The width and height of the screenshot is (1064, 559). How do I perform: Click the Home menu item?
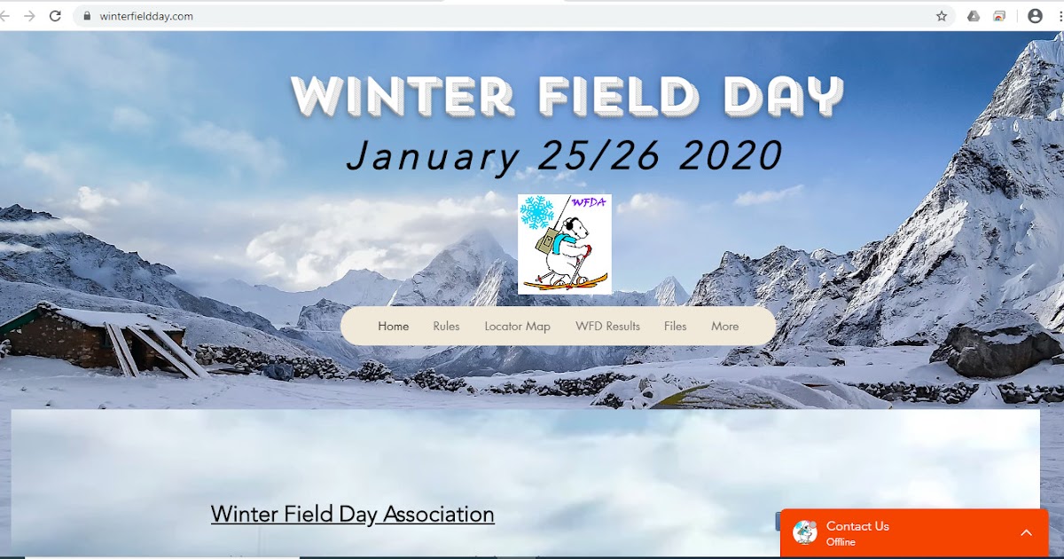pos(393,327)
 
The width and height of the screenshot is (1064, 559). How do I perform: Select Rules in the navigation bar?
pos(446,327)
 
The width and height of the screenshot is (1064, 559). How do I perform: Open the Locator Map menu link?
pos(517,327)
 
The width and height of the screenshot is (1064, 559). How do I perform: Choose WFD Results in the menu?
pos(607,327)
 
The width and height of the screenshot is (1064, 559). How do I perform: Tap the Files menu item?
pos(675,327)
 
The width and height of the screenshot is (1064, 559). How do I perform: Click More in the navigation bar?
pos(724,327)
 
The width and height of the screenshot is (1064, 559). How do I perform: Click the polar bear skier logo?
pos(565,245)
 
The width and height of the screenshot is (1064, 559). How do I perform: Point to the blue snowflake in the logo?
pos(536,213)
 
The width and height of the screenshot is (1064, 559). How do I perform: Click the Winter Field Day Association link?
pos(352,515)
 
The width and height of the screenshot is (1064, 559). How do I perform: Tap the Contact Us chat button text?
pos(857,526)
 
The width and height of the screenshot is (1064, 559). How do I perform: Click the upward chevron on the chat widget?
pos(1026,532)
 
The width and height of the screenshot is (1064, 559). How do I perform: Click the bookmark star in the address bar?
pos(942,16)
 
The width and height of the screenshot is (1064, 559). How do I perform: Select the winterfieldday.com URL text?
pos(146,16)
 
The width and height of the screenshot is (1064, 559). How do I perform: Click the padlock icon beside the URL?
pos(87,16)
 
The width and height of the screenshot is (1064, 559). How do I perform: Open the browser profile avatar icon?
pos(1035,16)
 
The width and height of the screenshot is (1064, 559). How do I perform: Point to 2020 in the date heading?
pos(731,156)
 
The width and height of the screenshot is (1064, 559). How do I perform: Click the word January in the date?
pos(433,156)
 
